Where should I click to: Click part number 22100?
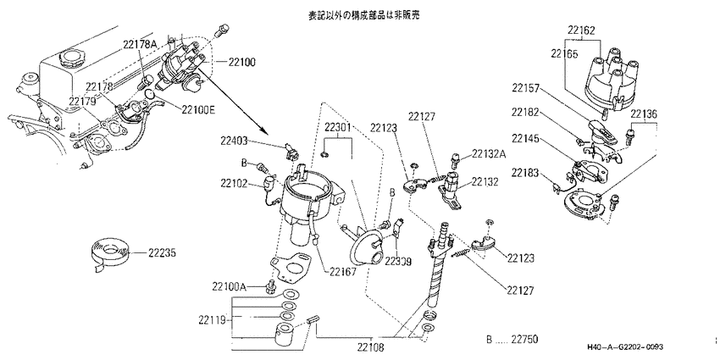241,62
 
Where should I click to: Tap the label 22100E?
199,109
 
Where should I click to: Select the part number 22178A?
140,45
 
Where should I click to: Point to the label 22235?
163,252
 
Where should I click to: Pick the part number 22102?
235,183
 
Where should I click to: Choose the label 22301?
338,127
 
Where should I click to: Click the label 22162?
581,30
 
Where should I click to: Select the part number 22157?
527,89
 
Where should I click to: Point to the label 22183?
527,173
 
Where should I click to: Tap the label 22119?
213,319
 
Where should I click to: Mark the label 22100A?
230,287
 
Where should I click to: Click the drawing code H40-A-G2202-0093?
624,347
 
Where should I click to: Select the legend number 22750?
523,339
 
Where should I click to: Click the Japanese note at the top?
364,15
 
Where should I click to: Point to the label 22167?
342,271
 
